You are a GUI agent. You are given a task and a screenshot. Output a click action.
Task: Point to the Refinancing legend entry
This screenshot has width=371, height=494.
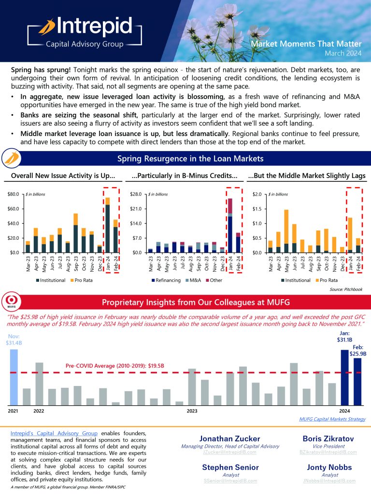click(x=167, y=280)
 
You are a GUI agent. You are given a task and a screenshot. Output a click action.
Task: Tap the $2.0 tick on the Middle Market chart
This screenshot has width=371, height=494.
click(x=257, y=194)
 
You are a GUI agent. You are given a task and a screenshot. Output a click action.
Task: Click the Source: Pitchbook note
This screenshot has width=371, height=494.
click(x=346, y=289)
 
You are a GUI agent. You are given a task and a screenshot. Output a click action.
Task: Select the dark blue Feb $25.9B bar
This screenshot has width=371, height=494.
click(x=357, y=382)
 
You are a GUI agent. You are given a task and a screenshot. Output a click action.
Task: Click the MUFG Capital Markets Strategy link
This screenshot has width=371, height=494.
click(x=332, y=420)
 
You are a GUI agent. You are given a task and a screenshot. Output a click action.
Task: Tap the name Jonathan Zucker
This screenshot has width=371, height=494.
click(x=229, y=439)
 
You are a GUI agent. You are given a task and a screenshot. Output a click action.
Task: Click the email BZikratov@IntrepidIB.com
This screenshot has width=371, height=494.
click(x=328, y=453)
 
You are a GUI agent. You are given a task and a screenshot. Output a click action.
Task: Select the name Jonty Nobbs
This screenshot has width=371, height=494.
click(x=328, y=467)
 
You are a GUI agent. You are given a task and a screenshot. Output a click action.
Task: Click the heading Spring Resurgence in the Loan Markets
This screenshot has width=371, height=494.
click(x=190, y=158)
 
